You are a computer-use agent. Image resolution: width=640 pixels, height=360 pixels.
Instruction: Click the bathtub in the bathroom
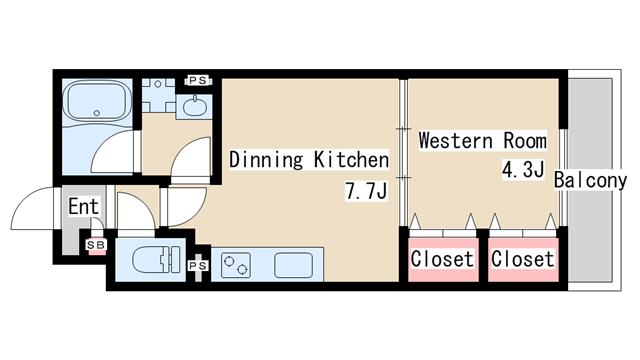pyautogui.click(x=97, y=102)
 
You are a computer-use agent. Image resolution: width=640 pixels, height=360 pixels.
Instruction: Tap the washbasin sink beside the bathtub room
pyautogui.click(x=195, y=107)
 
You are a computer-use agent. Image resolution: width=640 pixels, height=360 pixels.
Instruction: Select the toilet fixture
pyautogui.click(x=156, y=259)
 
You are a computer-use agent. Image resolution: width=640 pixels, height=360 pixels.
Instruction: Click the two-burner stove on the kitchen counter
pyautogui.click(x=236, y=265)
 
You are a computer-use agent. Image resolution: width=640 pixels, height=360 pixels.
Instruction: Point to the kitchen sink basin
pyautogui.click(x=293, y=265)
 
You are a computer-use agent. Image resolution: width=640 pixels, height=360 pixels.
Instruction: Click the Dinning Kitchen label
pyautogui.click(x=309, y=160)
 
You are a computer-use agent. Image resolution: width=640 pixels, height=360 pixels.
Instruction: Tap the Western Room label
pyautogui.click(x=482, y=140)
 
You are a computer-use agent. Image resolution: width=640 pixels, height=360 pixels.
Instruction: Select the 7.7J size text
pyautogui.click(x=366, y=191)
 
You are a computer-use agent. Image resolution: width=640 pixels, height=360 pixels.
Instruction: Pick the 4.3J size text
pyautogui.click(x=523, y=169)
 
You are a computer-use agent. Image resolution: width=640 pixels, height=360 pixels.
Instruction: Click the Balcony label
pyautogui.click(x=590, y=180)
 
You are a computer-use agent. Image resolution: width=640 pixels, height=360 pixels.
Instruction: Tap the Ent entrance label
pyautogui.click(x=84, y=207)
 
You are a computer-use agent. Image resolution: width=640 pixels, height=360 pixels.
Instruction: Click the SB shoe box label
pyautogui.click(x=96, y=245)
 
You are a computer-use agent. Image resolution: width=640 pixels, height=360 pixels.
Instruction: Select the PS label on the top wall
pyautogui.click(x=198, y=81)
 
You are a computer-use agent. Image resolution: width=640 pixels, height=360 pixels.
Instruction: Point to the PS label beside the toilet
pyautogui.click(x=198, y=266)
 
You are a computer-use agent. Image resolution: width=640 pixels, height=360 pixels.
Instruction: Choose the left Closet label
pyautogui.click(x=442, y=259)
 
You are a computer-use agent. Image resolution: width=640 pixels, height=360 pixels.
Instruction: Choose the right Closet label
pyautogui.click(x=523, y=259)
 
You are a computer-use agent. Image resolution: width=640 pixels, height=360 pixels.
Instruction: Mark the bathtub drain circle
pyautogui.click(x=97, y=113)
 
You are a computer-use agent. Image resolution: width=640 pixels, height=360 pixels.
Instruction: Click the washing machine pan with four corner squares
pyautogui.click(x=158, y=95)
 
